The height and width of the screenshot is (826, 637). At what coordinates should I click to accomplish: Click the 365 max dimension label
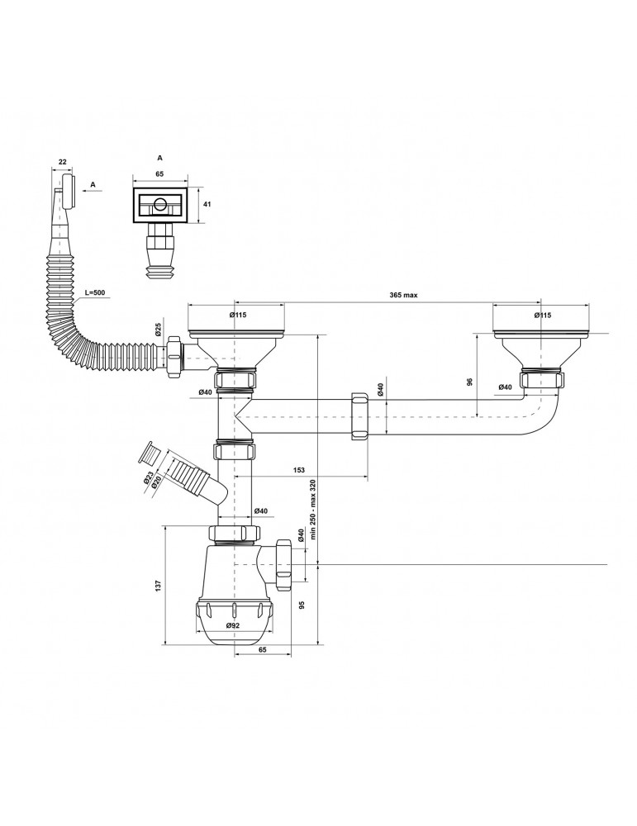[403, 295]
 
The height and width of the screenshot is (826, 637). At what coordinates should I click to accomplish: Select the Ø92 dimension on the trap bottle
[233, 625]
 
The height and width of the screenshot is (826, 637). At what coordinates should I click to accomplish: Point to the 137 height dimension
[158, 585]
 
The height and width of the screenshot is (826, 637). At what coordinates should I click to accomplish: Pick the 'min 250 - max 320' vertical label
[312, 510]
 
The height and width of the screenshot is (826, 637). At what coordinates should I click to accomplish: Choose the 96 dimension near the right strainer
[470, 382]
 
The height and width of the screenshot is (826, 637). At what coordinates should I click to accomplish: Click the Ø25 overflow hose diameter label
[158, 330]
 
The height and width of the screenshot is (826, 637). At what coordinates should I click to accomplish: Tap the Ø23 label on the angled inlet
[146, 479]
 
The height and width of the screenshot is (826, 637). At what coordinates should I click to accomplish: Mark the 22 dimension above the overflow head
[63, 162]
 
